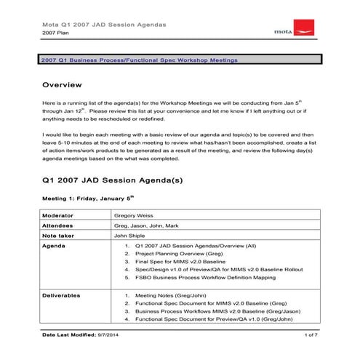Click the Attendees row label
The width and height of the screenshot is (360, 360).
tap(60, 226)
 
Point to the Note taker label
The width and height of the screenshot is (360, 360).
tap(60, 236)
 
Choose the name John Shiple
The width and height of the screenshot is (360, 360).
tap(132, 236)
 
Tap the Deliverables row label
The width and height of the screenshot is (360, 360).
tap(62, 295)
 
